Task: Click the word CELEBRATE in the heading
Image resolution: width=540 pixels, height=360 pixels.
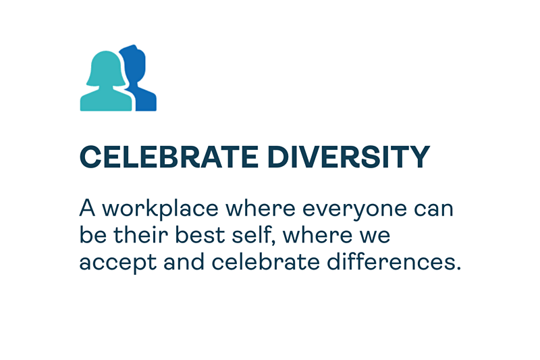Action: pos(169,157)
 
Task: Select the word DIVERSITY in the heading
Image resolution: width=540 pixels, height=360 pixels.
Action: pos(348,157)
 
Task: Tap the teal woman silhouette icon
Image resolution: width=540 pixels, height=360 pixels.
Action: pos(106,81)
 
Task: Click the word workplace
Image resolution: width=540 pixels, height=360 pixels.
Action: pos(161,209)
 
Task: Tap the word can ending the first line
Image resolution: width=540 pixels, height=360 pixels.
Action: pos(433,209)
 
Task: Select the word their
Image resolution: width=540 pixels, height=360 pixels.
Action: pos(141,235)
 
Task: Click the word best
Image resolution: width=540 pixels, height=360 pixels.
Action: pos(200,235)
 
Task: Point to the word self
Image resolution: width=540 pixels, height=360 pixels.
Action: pos(254,236)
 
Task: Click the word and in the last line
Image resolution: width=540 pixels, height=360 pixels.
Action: pos(184,262)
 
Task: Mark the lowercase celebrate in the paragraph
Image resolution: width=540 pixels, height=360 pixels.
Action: pos(265,262)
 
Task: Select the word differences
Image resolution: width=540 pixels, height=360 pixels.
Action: pos(394,262)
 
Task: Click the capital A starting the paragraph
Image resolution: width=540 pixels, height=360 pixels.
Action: pos(87,208)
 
